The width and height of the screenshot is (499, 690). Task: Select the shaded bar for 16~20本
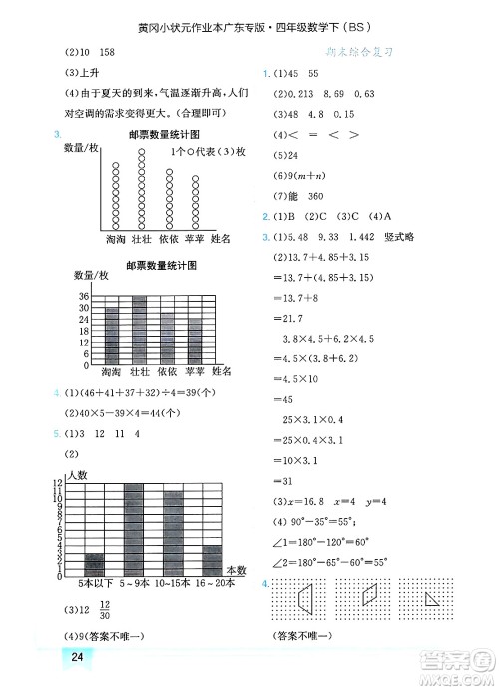212,561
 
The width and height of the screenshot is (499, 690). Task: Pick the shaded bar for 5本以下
95,564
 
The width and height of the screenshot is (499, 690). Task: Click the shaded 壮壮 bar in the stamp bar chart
140,331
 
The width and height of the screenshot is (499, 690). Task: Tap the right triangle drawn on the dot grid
435,601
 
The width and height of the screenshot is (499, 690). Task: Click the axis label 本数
236,570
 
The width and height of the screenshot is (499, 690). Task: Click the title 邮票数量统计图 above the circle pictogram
165,134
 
